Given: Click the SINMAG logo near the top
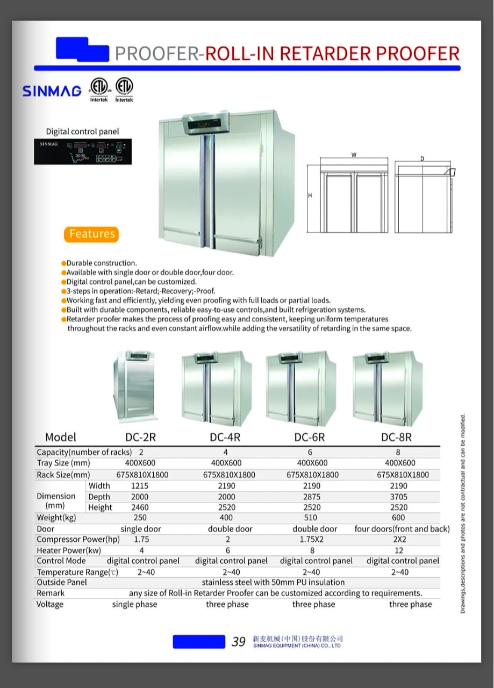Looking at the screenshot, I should [52, 91].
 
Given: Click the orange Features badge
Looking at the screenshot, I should [92, 234].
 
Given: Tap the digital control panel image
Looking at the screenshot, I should [82, 152].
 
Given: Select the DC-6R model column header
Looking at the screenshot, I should [309, 437].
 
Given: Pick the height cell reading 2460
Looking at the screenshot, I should [140, 507].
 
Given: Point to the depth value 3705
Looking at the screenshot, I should [398, 497].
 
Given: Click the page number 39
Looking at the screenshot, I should [238, 642].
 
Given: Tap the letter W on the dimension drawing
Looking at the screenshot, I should [354, 155].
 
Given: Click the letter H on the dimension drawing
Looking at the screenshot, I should [310, 196].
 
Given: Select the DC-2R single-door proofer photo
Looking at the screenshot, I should [133, 385].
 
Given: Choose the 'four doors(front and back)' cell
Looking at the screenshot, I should [402, 529].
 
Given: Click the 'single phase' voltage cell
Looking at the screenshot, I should [134, 604].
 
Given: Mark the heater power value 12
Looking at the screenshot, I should [398, 550].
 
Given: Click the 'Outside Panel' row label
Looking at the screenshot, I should [61, 582].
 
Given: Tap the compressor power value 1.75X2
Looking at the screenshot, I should [311, 540].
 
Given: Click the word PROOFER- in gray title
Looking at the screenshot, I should [159, 53].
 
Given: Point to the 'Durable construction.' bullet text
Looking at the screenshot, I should [102, 263].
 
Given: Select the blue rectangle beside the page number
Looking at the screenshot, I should [198, 641].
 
